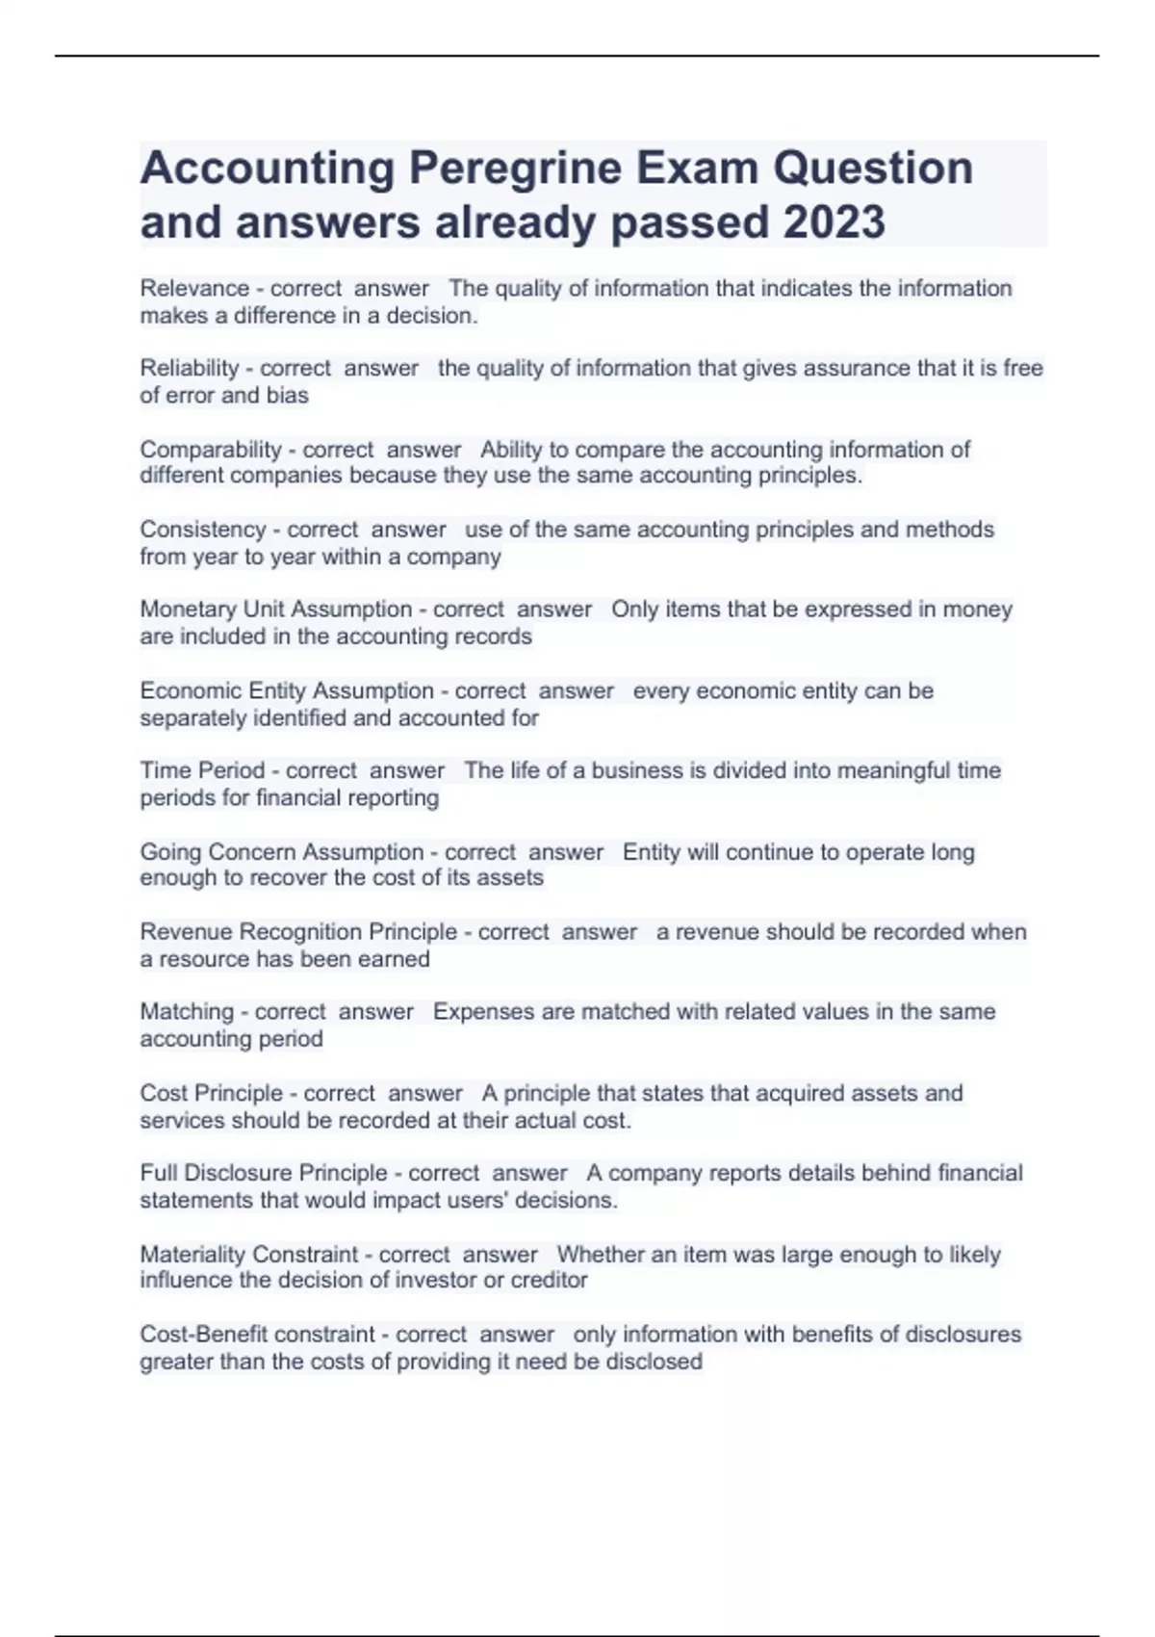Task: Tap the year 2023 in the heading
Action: click(x=834, y=222)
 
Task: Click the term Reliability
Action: click(x=190, y=368)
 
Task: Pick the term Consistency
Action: click(x=202, y=530)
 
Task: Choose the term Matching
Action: click(x=187, y=1012)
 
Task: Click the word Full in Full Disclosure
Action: click(x=158, y=1173)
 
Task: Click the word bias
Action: click(x=287, y=395)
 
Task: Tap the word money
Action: click(x=977, y=610)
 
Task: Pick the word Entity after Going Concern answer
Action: click(x=651, y=852)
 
